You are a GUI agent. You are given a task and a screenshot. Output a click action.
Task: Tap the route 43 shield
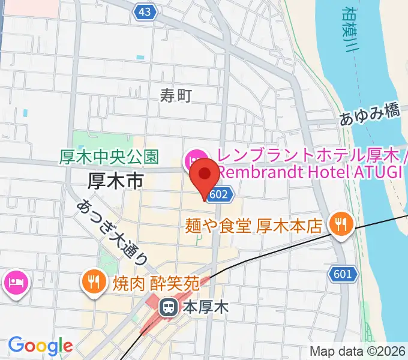(x=143, y=12)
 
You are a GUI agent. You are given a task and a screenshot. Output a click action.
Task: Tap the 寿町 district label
(x=176, y=94)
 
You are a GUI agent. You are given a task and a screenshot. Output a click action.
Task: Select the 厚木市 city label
(x=115, y=179)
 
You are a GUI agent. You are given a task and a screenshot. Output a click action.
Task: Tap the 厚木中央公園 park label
(x=109, y=157)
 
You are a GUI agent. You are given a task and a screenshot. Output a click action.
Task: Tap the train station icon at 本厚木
(x=167, y=308)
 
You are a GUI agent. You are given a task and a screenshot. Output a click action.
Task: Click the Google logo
(x=40, y=346)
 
